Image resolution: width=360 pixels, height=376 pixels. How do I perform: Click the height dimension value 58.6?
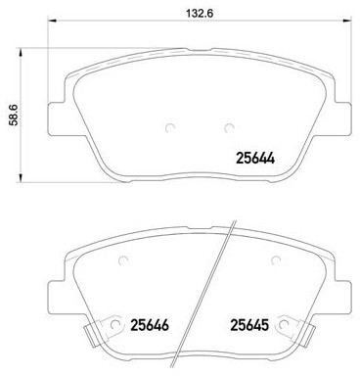click(13, 114)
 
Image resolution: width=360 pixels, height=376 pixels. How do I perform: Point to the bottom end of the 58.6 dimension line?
click(23, 183)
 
